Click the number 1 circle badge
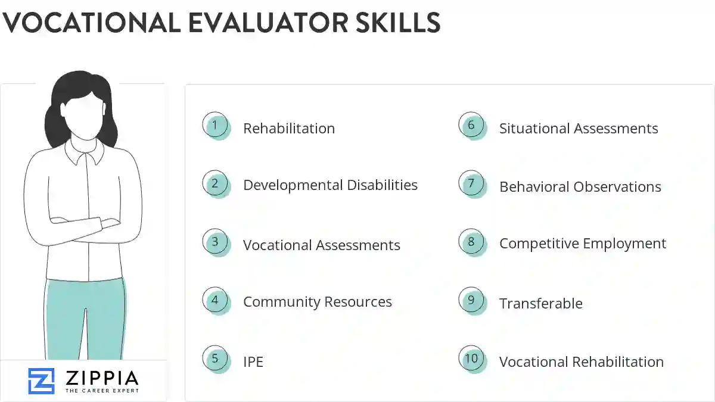pos(215,126)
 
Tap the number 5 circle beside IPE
pos(215,359)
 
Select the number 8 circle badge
pos(471,242)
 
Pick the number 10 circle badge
pos(471,359)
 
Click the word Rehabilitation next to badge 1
pos(289,129)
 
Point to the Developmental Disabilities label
pos(330,185)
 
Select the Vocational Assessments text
pos(321,245)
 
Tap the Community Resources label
pos(317,302)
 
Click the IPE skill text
pos(253,362)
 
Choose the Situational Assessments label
pos(579,129)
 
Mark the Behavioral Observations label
pos(580,187)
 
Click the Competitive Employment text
pos(582,244)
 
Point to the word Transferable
pos(540,304)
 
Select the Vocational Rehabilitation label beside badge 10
pos(581,362)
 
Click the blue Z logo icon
pos(41,381)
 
